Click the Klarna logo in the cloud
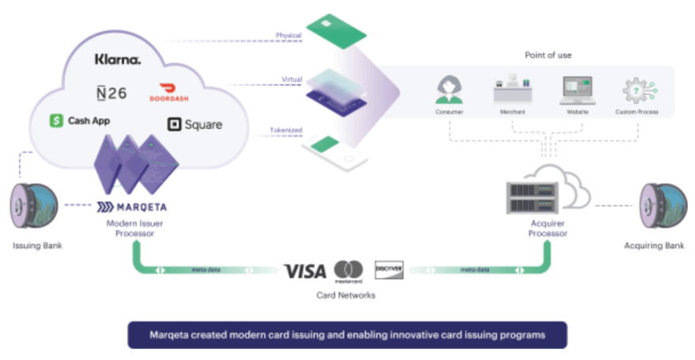(x=118, y=58)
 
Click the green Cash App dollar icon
(x=56, y=121)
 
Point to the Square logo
(x=195, y=124)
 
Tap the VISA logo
(x=305, y=272)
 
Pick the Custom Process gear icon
(x=637, y=90)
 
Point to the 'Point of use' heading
(x=548, y=55)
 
